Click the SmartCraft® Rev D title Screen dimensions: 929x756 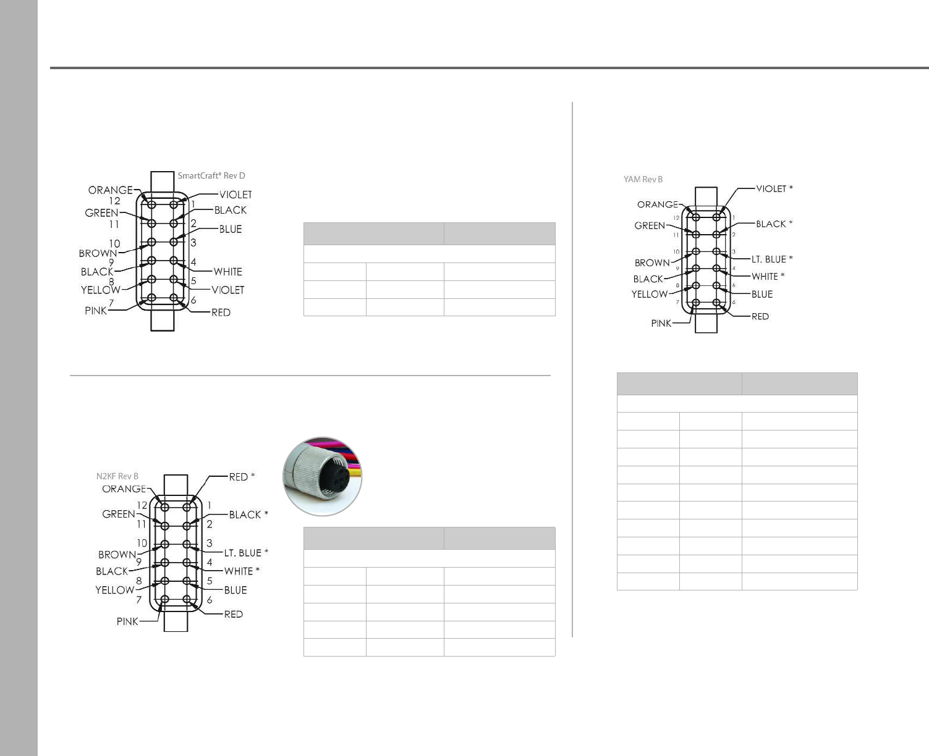(x=211, y=175)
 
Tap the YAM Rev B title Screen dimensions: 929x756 (x=643, y=179)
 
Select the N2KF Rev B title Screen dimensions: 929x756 (x=117, y=476)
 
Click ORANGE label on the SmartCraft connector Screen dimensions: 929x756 (x=111, y=190)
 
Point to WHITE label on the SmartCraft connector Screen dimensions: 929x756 (x=227, y=272)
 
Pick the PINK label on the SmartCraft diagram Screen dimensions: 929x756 (x=96, y=311)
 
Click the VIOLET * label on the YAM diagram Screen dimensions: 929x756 (x=774, y=188)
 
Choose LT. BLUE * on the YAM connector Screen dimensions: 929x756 (x=772, y=259)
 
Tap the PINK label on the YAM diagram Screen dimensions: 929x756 (x=661, y=323)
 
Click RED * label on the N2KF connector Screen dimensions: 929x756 (x=242, y=477)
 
